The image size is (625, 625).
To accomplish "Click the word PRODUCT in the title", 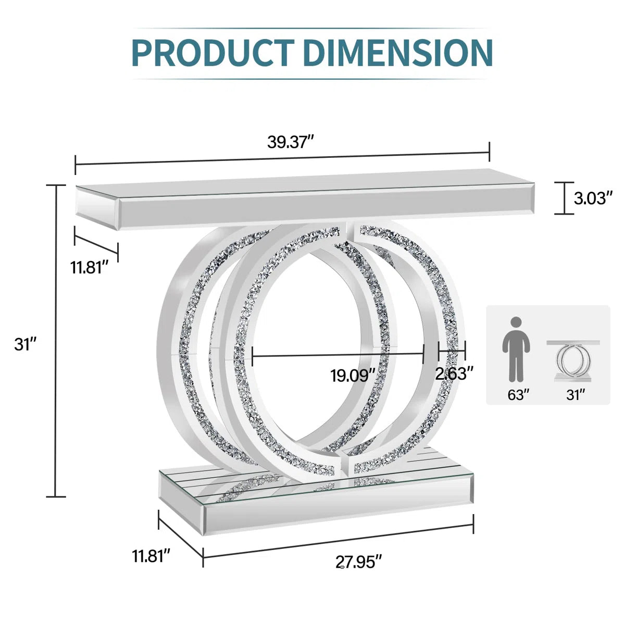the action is coord(213,53).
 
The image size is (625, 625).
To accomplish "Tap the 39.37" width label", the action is coord(291,142).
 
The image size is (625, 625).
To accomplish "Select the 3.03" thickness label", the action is coord(594,198).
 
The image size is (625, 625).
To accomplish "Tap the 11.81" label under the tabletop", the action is coord(90,268).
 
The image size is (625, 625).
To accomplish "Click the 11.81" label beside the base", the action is coord(151,556).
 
